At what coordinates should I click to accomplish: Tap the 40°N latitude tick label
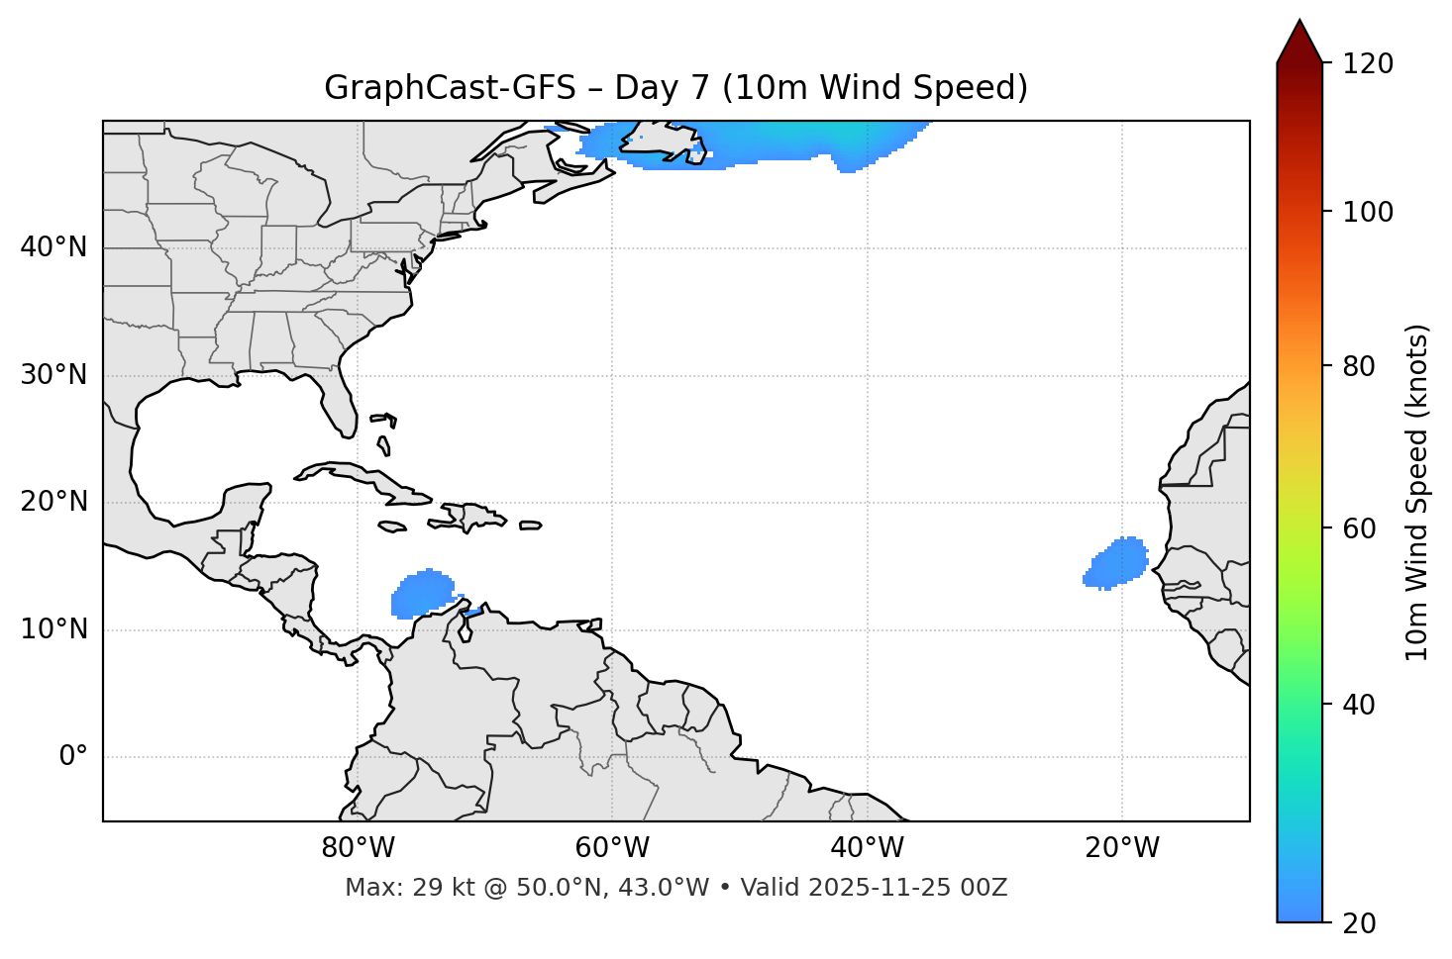(x=53, y=247)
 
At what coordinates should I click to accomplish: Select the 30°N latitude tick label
(x=53, y=375)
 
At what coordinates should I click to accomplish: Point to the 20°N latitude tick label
(x=53, y=502)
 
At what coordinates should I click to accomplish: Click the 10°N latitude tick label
(x=53, y=629)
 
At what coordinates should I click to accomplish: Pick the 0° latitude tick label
(x=73, y=757)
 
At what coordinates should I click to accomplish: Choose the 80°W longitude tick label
(x=358, y=848)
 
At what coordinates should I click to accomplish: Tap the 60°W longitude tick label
(x=612, y=848)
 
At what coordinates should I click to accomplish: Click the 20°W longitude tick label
(x=1122, y=848)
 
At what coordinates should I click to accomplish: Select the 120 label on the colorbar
(x=1370, y=64)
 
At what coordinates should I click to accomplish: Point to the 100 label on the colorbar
(x=1370, y=212)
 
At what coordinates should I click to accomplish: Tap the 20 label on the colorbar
(x=1362, y=922)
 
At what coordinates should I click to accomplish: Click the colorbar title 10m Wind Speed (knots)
(x=1417, y=492)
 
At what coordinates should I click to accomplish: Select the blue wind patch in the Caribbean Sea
(x=423, y=594)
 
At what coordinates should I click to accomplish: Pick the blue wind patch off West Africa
(x=1119, y=563)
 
